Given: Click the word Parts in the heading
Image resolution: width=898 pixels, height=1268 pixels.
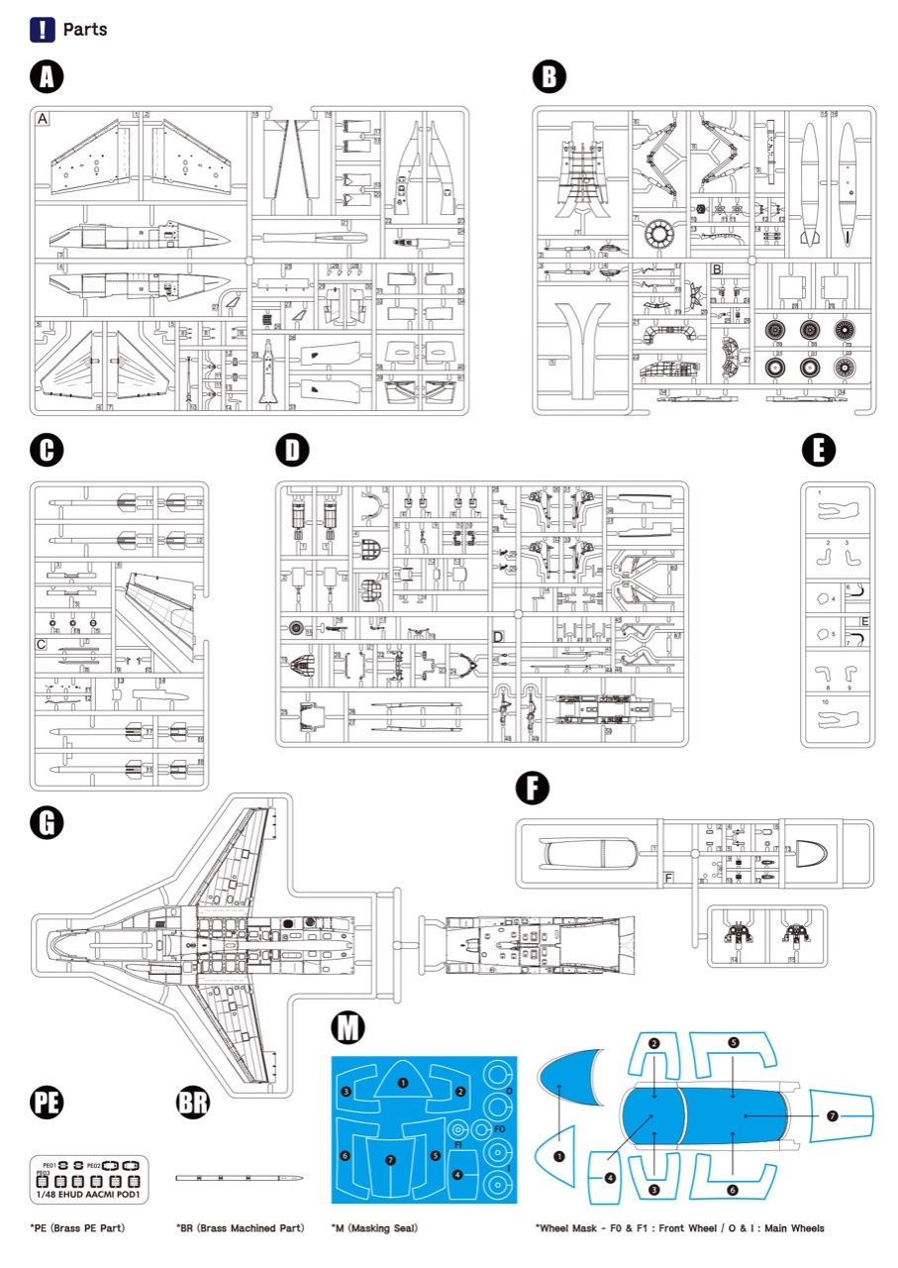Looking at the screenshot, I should point(85,29).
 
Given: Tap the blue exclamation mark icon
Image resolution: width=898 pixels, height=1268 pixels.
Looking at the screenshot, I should point(43,29).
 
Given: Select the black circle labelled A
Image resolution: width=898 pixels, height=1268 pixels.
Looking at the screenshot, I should point(47,77).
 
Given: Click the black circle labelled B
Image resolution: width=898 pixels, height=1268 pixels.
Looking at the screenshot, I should point(549,77).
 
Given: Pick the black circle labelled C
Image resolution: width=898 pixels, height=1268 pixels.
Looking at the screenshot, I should point(47,451).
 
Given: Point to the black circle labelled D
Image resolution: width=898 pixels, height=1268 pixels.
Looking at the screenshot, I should point(291,451).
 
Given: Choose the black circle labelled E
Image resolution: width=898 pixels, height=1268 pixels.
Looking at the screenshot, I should point(818,451).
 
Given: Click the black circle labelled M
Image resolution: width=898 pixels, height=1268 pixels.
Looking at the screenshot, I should point(348,1029).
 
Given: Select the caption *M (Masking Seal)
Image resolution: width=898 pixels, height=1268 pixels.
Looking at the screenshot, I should point(374,1228).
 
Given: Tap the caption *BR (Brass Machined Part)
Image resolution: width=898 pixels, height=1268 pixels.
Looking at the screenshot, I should point(240,1228).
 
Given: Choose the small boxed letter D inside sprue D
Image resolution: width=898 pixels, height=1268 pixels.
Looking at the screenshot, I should point(498,636).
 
